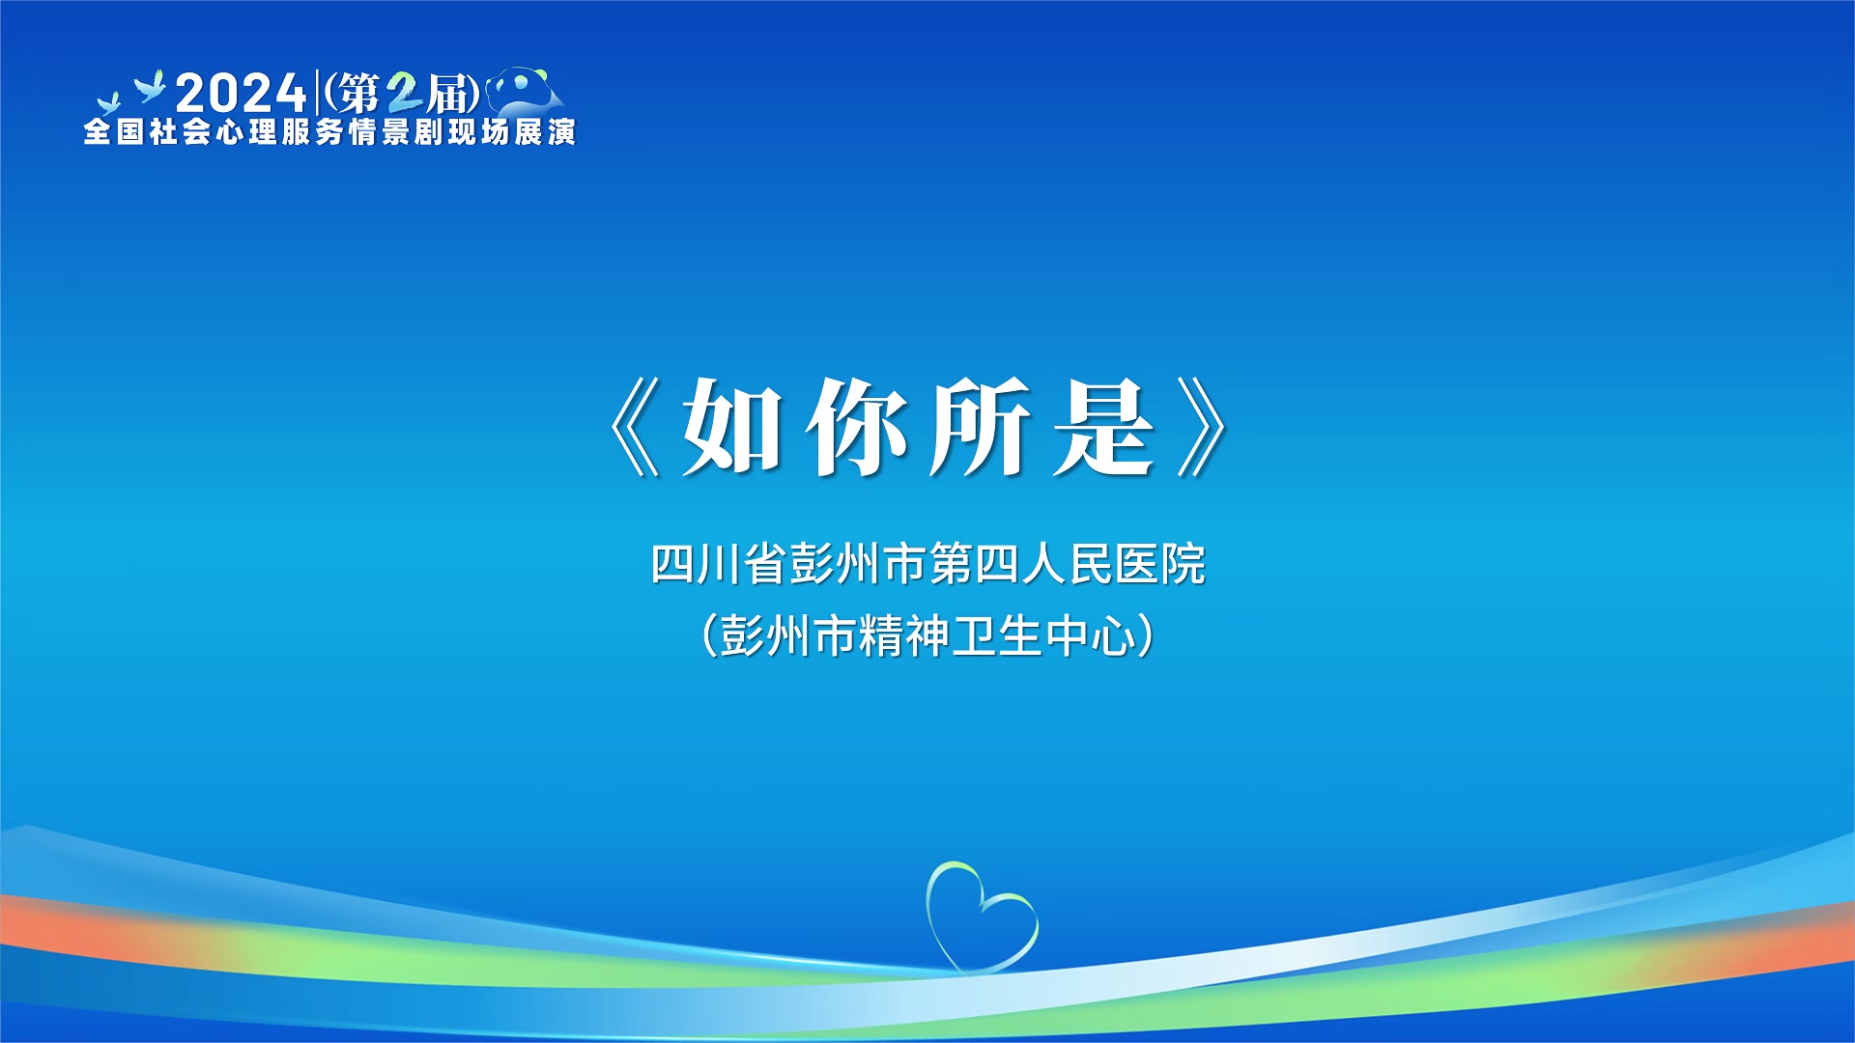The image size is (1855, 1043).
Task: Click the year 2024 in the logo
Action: point(241,94)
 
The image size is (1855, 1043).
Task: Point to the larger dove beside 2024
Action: point(150,87)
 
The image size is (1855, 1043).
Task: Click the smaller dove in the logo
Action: point(108,102)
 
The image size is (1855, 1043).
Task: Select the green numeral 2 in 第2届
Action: point(405,94)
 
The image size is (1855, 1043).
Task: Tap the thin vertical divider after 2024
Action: point(317,93)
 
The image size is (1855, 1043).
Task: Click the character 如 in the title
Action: point(732,426)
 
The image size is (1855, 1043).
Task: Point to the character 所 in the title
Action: point(979,426)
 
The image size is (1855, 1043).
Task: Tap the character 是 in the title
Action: point(1103,426)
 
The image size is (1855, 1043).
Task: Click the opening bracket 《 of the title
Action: point(635,426)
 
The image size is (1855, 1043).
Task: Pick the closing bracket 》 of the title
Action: point(1203,426)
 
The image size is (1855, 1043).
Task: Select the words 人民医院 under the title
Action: point(1113,564)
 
